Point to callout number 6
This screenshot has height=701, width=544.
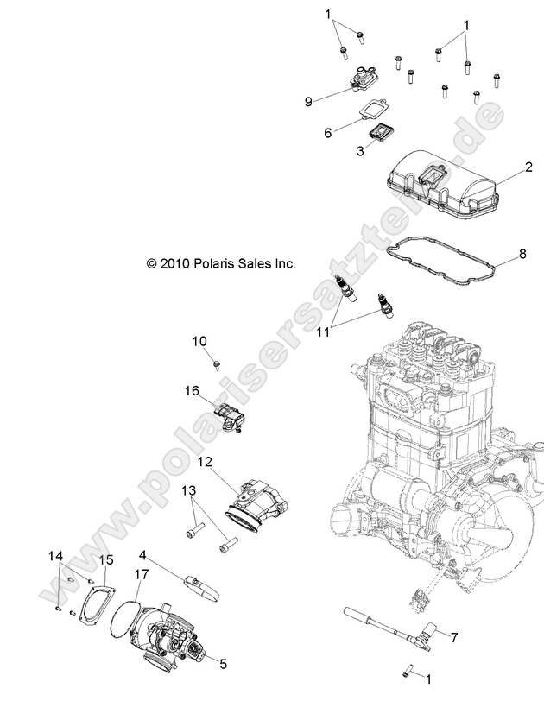coord(327,133)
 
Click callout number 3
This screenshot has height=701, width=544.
coord(336,151)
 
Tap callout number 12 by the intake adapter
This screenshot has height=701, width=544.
coord(205,462)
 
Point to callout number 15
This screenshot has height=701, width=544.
coord(106,559)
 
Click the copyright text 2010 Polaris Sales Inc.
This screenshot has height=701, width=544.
coord(221,263)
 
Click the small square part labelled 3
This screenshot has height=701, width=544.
coord(381,136)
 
